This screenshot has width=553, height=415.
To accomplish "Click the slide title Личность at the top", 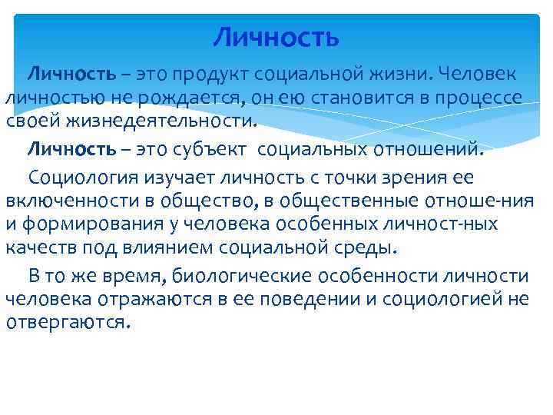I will coord(276,36).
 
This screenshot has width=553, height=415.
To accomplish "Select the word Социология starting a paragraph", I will coord(84,178).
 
